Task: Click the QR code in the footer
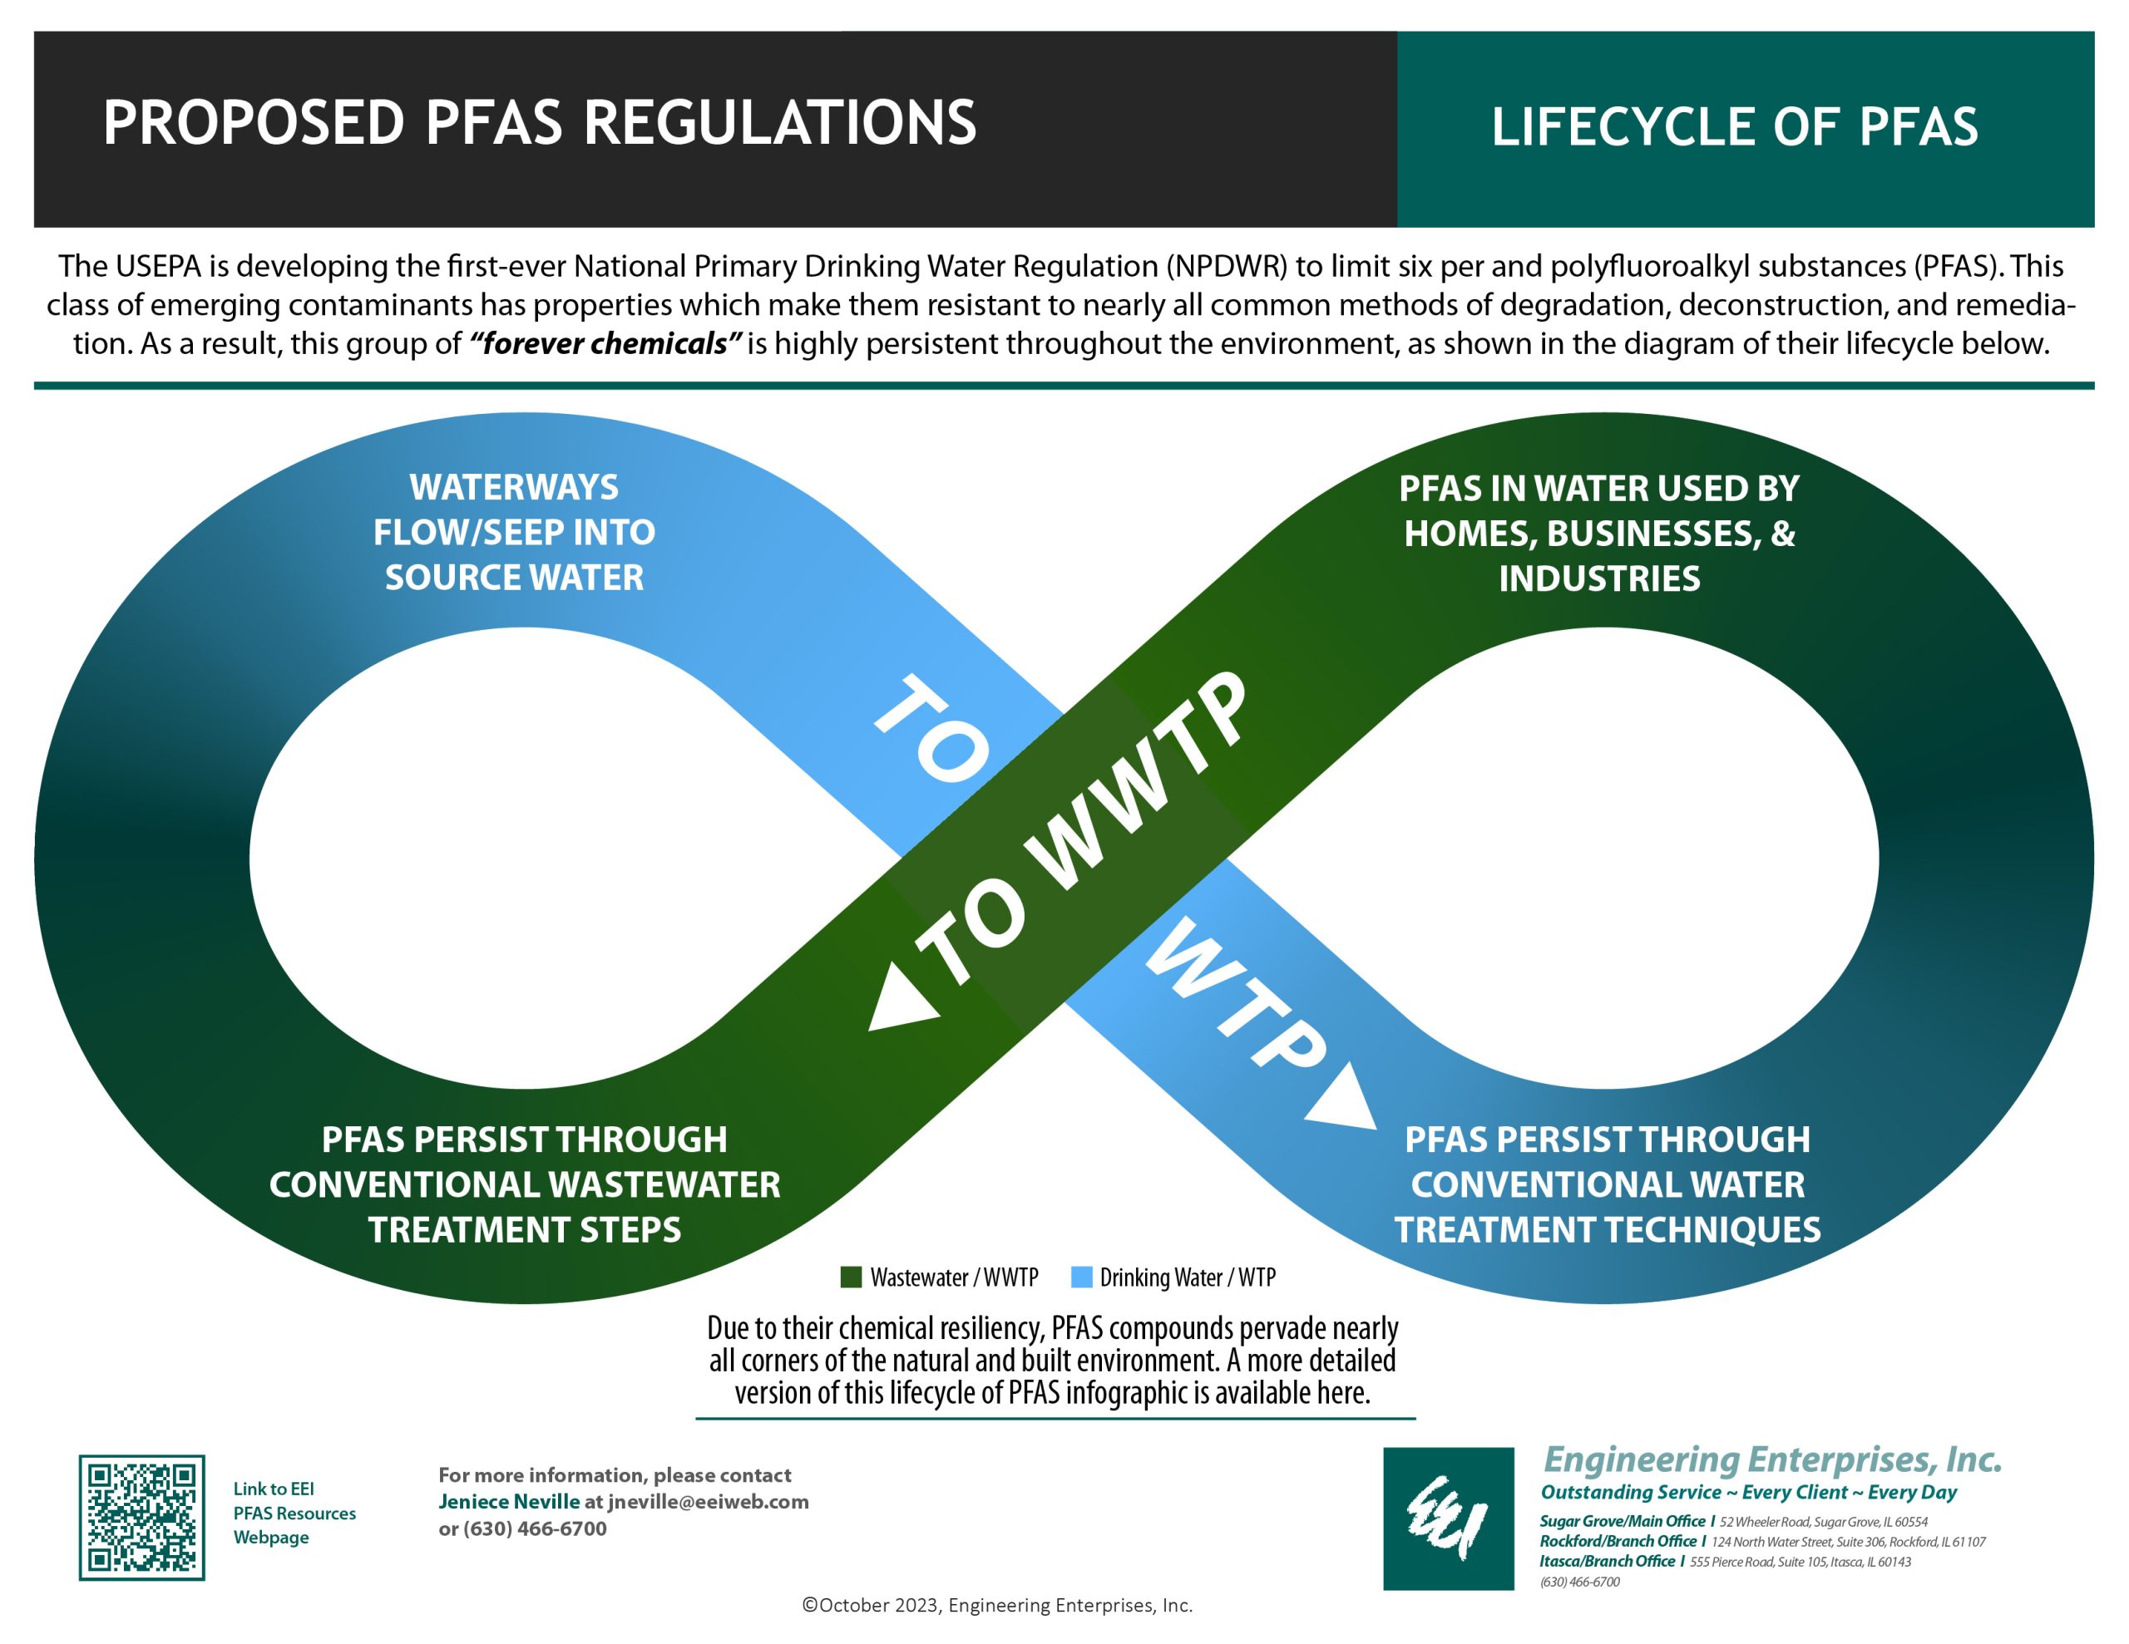pos(141,1518)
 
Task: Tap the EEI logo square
pos(1449,1518)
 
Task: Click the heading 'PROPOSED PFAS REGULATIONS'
pos(539,123)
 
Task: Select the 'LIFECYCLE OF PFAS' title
pos(1734,126)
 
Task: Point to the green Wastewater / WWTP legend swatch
pos(851,1277)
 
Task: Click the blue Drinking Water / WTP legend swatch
pos(1081,1277)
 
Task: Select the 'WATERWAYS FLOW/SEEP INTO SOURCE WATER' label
pos(514,532)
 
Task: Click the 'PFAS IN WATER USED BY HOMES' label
pos(1598,533)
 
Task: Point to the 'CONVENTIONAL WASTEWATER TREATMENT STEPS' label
pos(525,1185)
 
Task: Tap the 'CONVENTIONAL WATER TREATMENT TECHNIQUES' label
pos(1608,1185)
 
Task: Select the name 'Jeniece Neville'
pos(509,1502)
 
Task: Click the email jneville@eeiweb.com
pos(709,1502)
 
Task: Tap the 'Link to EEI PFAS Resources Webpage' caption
pos(294,1514)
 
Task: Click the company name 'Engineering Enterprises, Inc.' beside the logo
pos(1773,1459)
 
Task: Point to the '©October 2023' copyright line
pos(997,1605)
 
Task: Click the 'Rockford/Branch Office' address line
pos(1762,1541)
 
